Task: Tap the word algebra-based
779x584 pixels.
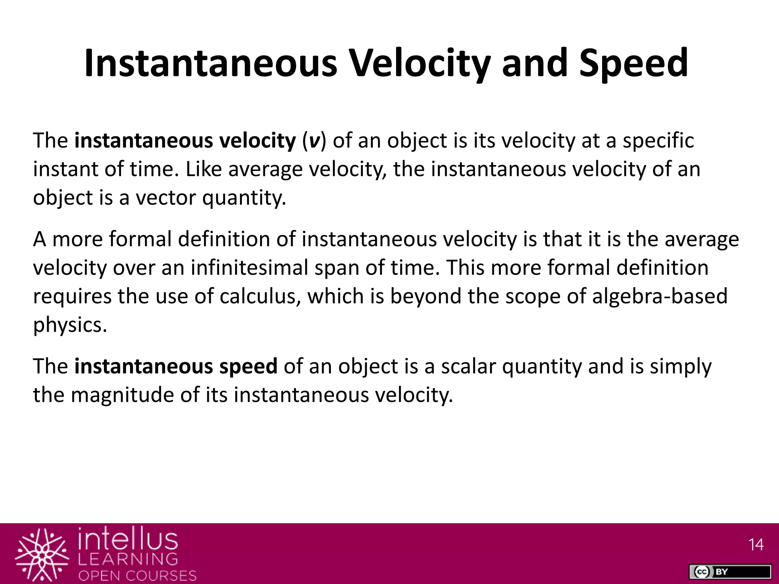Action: click(660, 296)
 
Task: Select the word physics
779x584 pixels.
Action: click(70, 325)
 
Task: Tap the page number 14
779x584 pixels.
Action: click(756, 545)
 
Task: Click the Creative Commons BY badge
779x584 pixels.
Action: click(730, 571)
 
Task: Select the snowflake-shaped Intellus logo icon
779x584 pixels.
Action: click(42, 555)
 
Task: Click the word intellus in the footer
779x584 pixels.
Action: click(128, 539)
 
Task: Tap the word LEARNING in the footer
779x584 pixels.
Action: click(128, 559)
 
